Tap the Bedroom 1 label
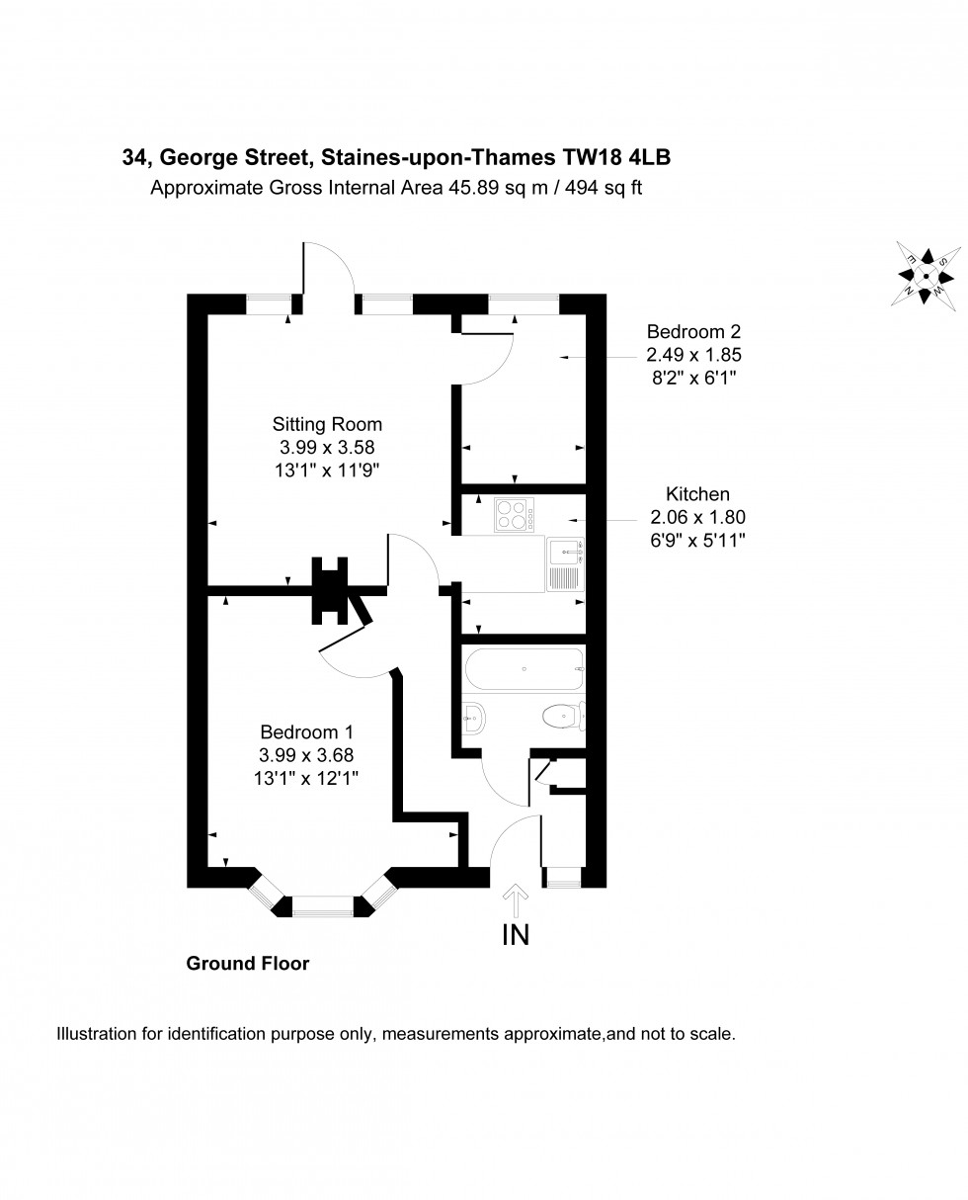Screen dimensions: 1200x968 [x=306, y=732]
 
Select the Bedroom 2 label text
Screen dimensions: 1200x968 [x=693, y=332]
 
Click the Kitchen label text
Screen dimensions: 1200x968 [x=697, y=493]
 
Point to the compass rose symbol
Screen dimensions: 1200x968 [x=927, y=276]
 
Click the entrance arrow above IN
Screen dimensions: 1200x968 [x=516, y=901]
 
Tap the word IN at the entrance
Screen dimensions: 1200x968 [x=516, y=934]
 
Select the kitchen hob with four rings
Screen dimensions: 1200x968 [x=514, y=514]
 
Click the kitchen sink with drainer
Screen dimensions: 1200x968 [x=566, y=563]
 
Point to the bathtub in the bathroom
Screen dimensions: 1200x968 [x=524, y=670]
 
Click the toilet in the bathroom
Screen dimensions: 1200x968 [x=563, y=714]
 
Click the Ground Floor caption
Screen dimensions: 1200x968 [x=248, y=963]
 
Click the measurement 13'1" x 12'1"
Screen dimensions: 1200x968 [x=306, y=778]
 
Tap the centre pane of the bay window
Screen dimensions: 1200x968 [x=322, y=904]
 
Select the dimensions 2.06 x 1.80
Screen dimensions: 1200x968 [x=697, y=516]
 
